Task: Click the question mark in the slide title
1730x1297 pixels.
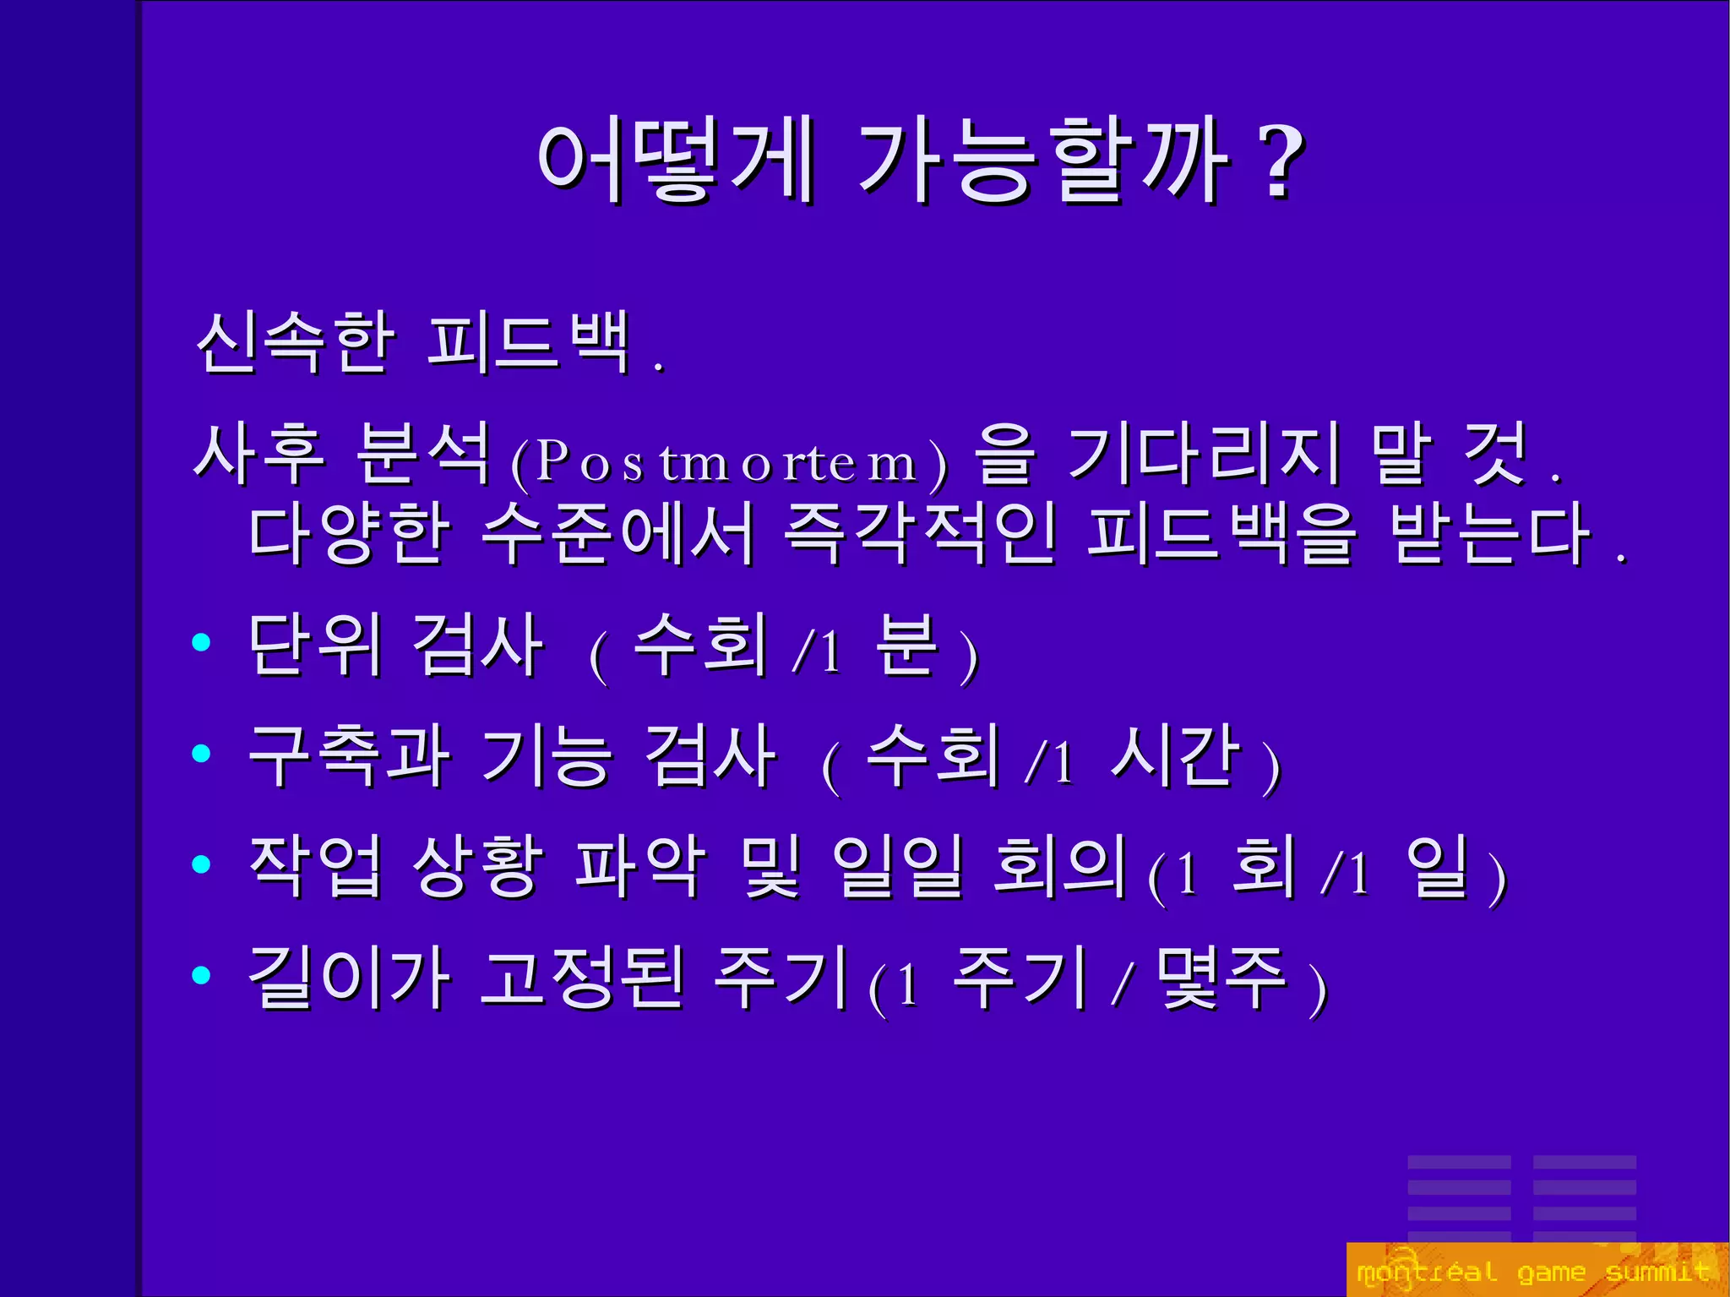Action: click(x=1281, y=161)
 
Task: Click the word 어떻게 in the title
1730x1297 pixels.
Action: click(x=676, y=160)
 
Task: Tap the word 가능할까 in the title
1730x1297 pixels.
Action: click(x=1044, y=160)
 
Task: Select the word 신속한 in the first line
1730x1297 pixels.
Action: click(x=295, y=342)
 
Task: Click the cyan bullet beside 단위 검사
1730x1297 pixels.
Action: click(x=201, y=643)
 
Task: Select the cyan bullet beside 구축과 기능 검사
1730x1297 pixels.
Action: click(x=201, y=753)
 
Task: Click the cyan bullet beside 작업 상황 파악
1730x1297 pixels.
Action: click(x=201, y=864)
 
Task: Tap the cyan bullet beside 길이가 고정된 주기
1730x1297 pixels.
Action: click(x=201, y=975)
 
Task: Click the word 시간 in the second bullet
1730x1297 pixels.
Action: click(x=1176, y=755)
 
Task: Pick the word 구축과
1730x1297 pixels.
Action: click(x=349, y=755)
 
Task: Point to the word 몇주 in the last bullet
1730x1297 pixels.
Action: click(x=1222, y=978)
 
